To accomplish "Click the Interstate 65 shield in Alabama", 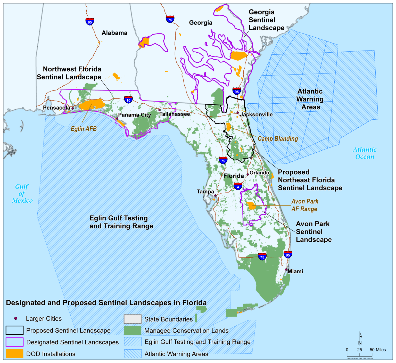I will point(90,21).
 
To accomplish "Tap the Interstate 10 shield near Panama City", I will point(128,100).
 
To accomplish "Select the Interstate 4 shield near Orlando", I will point(238,186).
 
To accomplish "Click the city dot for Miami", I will point(286,270).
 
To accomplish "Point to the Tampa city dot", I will point(216,195).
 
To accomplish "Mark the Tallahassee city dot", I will point(159,110).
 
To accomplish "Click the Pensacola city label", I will point(56,108).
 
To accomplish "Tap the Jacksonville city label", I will point(256,114).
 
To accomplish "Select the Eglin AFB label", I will point(84,129).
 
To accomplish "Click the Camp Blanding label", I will point(278,139).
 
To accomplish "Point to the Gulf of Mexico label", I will point(22,194).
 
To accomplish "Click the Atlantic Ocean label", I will point(365,153).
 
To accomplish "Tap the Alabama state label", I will point(114,33).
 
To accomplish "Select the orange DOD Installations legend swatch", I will point(14,354).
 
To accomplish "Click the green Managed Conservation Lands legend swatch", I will point(133,331).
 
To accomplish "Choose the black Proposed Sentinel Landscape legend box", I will point(14,330).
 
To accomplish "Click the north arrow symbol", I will point(360,339).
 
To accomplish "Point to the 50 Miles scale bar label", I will point(378,350).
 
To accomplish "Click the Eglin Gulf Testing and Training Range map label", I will point(121,222).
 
